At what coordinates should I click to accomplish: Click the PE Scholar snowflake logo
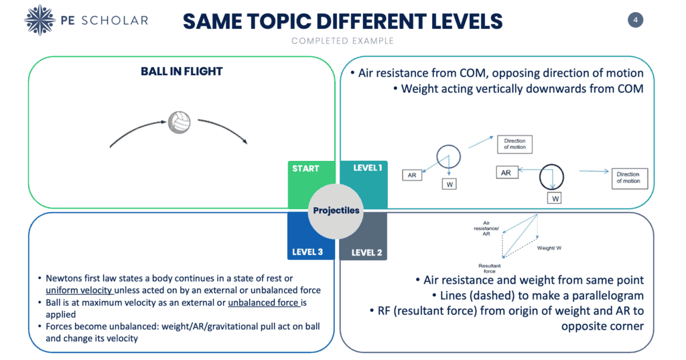click(x=40, y=20)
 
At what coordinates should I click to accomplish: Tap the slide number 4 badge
click(x=635, y=19)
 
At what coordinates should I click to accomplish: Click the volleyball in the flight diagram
click(x=180, y=122)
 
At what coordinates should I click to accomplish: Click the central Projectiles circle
click(x=336, y=211)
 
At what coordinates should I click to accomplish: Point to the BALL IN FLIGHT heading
click(x=182, y=71)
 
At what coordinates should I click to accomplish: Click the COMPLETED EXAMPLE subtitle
click(x=342, y=41)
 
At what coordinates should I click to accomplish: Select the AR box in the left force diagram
click(x=412, y=175)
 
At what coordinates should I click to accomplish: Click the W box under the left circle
click(x=450, y=184)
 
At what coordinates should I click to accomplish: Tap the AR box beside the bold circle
click(x=506, y=172)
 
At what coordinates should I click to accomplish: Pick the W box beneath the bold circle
click(x=555, y=198)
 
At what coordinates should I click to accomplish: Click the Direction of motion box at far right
click(x=630, y=178)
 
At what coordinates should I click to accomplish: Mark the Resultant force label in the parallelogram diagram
click(x=489, y=268)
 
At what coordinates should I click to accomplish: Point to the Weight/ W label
click(x=549, y=248)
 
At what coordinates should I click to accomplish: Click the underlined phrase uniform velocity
click(x=79, y=290)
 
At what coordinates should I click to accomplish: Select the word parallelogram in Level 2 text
click(x=608, y=296)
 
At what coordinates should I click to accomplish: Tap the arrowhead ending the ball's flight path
click(x=246, y=141)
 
